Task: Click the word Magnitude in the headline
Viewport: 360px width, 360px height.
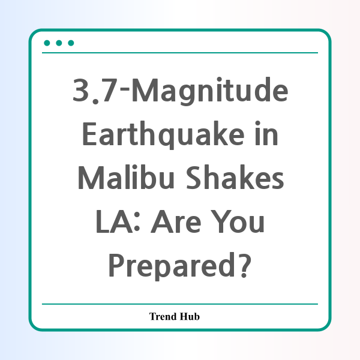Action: point(209,91)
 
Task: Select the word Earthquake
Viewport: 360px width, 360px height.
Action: point(163,135)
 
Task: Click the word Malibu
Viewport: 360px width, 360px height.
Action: point(126,177)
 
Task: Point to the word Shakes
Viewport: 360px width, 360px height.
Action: point(235,177)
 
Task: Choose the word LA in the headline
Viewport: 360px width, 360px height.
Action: point(114,221)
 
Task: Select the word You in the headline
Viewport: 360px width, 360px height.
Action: point(238,221)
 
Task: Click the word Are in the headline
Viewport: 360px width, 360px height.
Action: point(176,221)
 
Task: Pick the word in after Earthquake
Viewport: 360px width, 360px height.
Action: point(266,133)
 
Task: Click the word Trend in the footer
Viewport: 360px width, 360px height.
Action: point(163,316)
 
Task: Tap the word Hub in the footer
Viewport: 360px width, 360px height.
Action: point(190,316)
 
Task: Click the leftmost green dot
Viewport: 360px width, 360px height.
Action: point(47,43)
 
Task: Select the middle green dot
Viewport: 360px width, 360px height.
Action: point(59,43)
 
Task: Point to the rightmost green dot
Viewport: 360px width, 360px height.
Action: point(71,43)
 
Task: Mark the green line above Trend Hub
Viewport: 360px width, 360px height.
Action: point(180,304)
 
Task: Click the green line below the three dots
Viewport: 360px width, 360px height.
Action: point(180,53)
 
